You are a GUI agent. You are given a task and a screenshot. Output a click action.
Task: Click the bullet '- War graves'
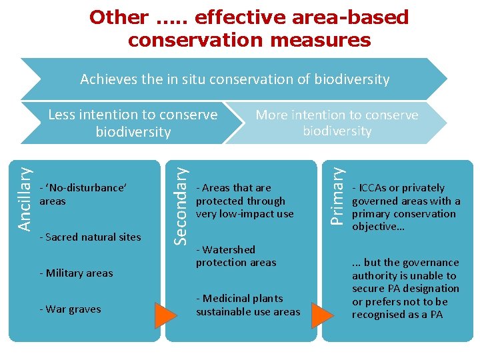click(x=70, y=309)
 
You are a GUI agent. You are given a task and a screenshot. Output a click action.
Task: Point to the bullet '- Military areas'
click(x=76, y=273)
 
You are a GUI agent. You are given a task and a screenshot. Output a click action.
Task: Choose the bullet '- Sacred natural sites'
click(x=90, y=237)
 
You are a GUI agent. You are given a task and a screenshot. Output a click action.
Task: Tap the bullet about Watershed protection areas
click(x=235, y=256)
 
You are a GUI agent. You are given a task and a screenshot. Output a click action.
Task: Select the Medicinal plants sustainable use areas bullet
click(x=247, y=305)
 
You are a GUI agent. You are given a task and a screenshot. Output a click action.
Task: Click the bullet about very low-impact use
click(x=244, y=201)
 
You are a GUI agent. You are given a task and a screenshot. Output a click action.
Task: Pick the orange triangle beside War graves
click(x=165, y=313)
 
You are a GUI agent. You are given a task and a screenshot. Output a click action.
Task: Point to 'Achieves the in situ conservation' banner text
click(x=235, y=79)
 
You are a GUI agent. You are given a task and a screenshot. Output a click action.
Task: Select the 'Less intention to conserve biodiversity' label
click(x=133, y=123)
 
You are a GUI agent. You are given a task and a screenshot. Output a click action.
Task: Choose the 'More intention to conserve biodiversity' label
click(x=337, y=123)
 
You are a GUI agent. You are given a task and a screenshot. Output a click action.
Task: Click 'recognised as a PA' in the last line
click(x=397, y=315)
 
